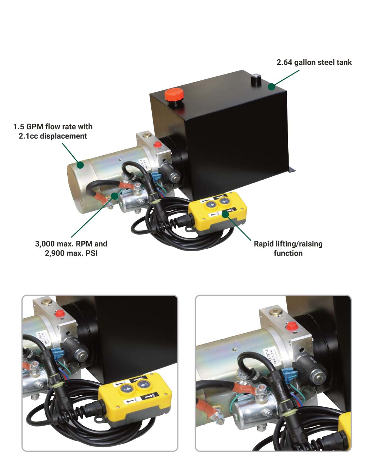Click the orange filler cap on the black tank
coord(172,94)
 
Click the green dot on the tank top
coord(272,87)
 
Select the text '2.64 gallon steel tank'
coord(314,62)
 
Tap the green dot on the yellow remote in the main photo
coord(224,214)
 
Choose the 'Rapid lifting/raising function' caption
coord(288,249)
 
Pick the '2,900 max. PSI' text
coord(71,253)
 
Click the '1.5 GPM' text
coord(27,127)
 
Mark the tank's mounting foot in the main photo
coord(292,170)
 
